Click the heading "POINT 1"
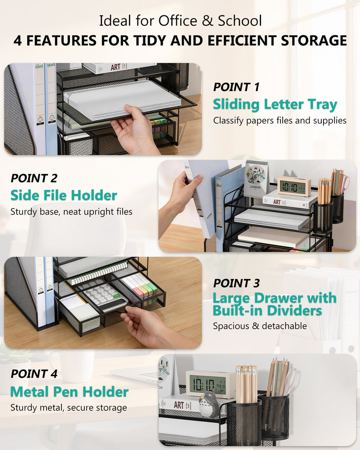tap(236, 87)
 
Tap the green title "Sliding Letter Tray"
tap(275, 105)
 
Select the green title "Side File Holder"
tap(64, 196)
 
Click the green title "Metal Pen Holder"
tap(69, 392)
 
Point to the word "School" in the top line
tap(240, 21)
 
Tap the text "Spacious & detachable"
tap(260, 326)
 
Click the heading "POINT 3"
tap(236, 283)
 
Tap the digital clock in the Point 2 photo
tap(294, 186)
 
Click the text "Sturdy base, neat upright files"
tap(72, 212)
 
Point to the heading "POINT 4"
tap(34, 374)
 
